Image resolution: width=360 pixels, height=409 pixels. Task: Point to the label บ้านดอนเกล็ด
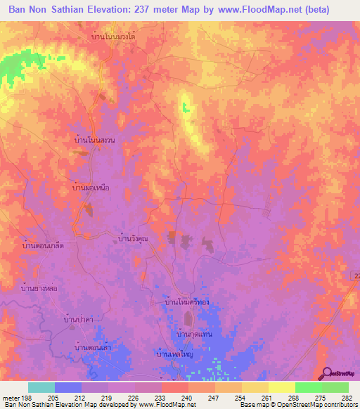click(x=39, y=246)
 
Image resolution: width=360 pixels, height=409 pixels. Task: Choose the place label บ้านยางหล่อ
click(x=39, y=287)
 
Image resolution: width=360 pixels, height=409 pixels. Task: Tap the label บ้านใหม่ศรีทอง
click(x=187, y=301)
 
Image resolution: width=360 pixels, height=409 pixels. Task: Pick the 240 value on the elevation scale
click(x=188, y=397)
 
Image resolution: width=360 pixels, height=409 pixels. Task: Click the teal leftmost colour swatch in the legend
click(x=41, y=387)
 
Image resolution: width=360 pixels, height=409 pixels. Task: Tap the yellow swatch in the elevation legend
click(x=281, y=387)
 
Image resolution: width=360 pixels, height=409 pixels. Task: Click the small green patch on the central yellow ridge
click(x=186, y=108)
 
